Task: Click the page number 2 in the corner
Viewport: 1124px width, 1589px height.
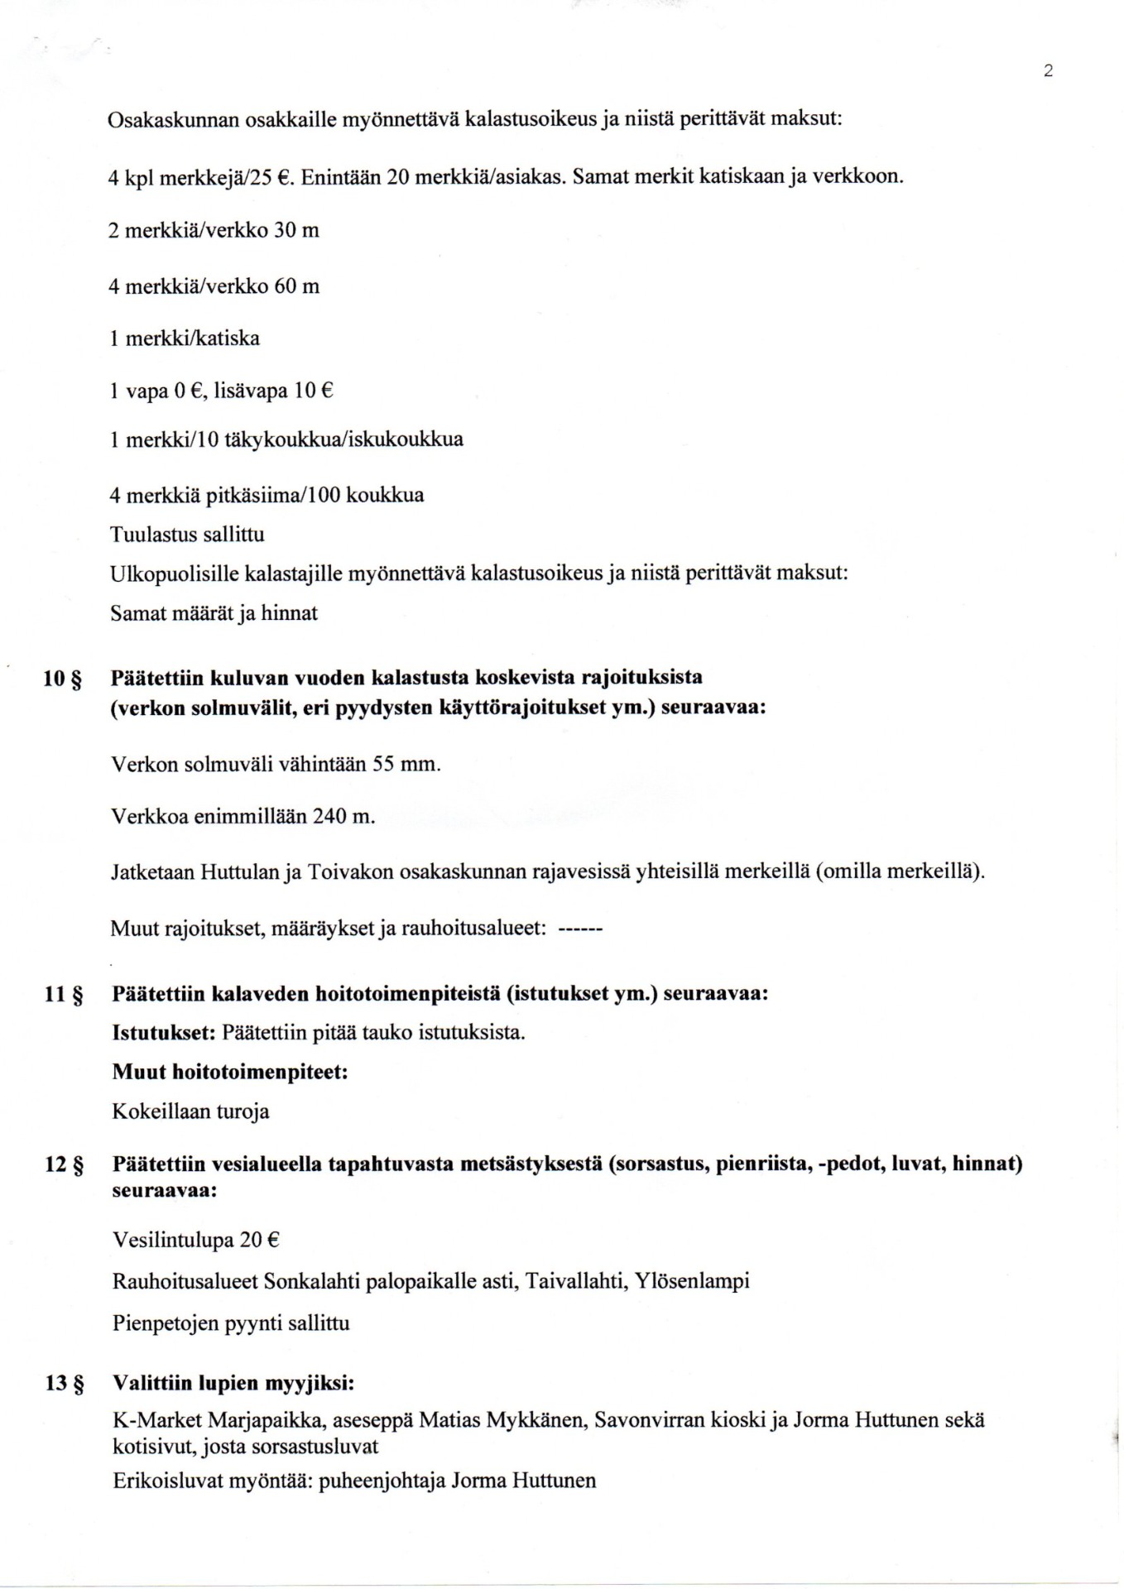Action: coord(1048,71)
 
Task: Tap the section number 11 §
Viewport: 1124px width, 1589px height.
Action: coord(63,995)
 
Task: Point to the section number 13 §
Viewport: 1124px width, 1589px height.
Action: coord(63,1385)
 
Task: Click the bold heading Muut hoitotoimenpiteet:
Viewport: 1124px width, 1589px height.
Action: coord(230,1073)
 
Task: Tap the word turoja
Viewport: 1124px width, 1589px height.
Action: coord(243,1111)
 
